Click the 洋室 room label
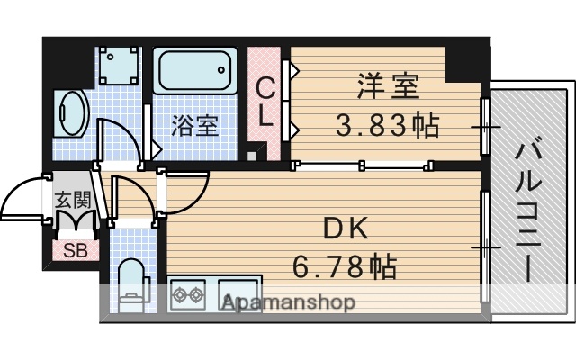(387, 88)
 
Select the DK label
(346, 230)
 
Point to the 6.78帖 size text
(346, 265)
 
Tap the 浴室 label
(195, 124)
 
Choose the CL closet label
(266, 102)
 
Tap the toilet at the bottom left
(132, 283)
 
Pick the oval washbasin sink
(68, 112)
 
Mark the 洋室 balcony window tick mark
(485, 127)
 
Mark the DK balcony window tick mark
(485, 245)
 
